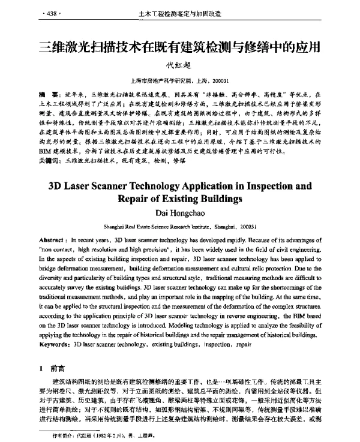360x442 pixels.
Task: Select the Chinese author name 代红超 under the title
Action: pyautogui.click(x=179, y=66)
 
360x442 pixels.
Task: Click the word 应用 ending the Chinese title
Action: pyautogui.click(x=306, y=46)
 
